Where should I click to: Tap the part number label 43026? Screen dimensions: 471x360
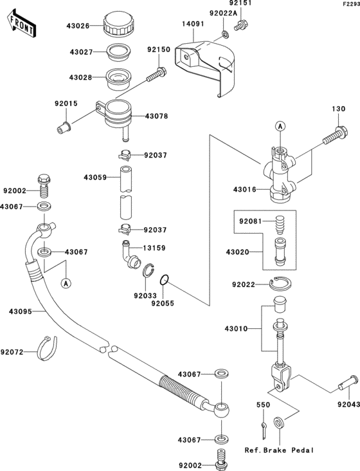click(80, 26)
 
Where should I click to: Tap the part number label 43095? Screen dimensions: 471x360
click(21, 311)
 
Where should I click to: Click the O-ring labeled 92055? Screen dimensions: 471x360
click(165, 280)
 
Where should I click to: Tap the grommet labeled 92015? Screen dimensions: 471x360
click(64, 125)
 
